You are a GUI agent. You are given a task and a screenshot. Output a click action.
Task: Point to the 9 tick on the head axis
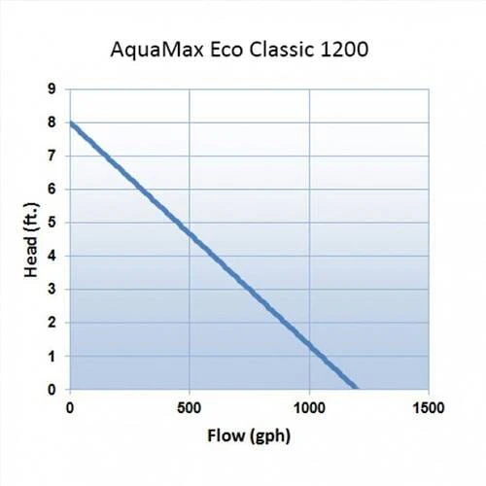(x=52, y=89)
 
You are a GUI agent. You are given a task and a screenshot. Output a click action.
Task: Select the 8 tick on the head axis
(x=52, y=123)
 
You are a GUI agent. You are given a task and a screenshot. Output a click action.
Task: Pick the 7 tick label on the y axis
(x=52, y=156)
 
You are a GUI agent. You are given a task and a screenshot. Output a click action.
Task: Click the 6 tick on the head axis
(x=52, y=190)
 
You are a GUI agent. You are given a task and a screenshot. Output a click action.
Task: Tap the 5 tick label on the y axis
(x=52, y=223)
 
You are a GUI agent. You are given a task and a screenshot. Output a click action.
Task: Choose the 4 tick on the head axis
(x=52, y=257)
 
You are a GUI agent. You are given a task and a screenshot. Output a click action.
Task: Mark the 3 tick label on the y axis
(x=52, y=290)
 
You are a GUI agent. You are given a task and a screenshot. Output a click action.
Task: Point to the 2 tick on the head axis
(x=52, y=323)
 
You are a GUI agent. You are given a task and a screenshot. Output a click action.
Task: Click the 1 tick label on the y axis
(x=52, y=356)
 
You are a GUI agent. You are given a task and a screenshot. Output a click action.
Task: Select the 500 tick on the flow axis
(x=189, y=407)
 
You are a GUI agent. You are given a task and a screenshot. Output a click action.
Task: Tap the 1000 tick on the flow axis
(x=308, y=407)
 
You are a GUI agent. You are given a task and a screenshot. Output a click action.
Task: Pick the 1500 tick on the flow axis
(x=429, y=407)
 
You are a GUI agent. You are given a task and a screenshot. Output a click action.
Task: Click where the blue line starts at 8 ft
(x=70, y=123)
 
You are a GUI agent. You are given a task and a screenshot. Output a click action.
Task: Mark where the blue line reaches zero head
(x=357, y=389)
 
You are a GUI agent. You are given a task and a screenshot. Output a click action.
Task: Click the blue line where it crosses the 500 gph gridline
(x=189, y=233)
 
